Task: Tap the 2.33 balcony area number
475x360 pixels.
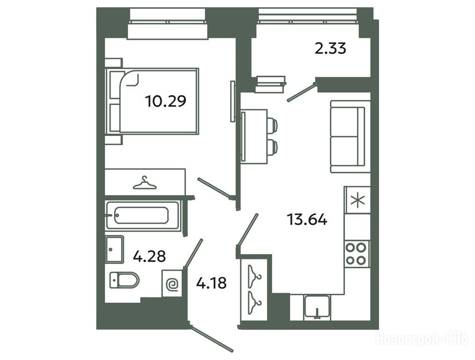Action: tap(330, 48)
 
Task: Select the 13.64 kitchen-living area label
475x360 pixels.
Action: tap(307, 219)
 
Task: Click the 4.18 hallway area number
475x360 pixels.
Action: tap(211, 283)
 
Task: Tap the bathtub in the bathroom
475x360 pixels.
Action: tap(143, 216)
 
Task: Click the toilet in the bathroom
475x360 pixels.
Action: tap(124, 280)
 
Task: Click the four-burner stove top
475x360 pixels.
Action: tap(357, 254)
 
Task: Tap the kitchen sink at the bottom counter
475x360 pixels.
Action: tap(317, 307)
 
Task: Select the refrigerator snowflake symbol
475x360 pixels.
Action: tap(358, 200)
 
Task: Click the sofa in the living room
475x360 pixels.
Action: tap(350, 137)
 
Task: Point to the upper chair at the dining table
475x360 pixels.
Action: tap(272, 125)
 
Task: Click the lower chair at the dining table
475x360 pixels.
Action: tap(272, 147)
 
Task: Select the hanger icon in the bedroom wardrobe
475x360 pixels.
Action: tap(145, 183)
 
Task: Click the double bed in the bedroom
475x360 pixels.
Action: tap(152, 101)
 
